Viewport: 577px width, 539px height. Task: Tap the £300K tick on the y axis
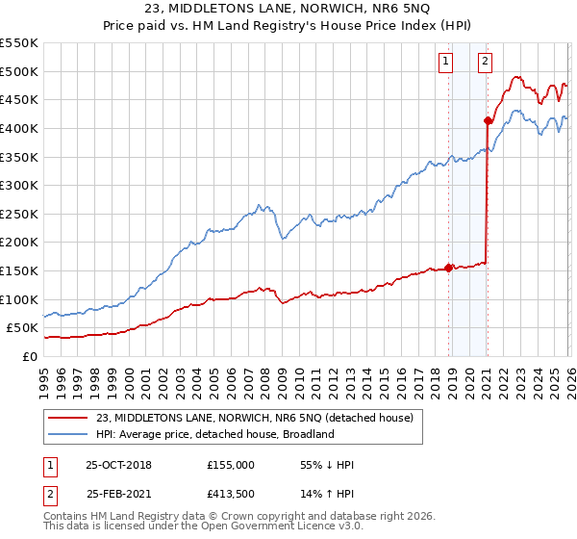tap(20, 185)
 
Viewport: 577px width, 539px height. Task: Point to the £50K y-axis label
tap(24, 328)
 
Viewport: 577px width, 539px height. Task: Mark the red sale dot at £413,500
tap(488, 121)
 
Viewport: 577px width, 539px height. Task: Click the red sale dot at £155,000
tap(448, 269)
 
